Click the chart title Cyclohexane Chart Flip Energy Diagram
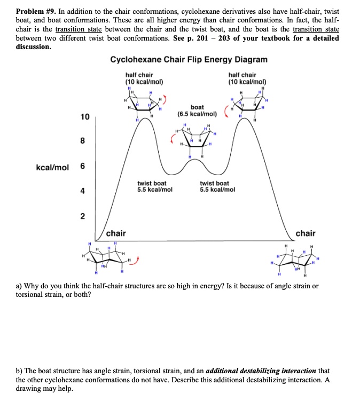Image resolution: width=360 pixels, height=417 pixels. (x=189, y=59)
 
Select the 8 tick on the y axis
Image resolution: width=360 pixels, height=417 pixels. (x=83, y=141)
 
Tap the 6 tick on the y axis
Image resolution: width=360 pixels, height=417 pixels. (x=83, y=166)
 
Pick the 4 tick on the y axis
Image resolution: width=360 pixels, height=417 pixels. (x=83, y=191)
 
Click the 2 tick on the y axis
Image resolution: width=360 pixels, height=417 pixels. (x=83, y=216)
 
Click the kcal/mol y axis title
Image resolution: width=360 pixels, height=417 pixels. (x=52, y=167)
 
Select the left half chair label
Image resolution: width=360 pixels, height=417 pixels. (x=144, y=78)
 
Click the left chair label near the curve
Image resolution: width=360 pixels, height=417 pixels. (x=116, y=233)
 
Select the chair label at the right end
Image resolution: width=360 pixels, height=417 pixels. (x=305, y=233)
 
